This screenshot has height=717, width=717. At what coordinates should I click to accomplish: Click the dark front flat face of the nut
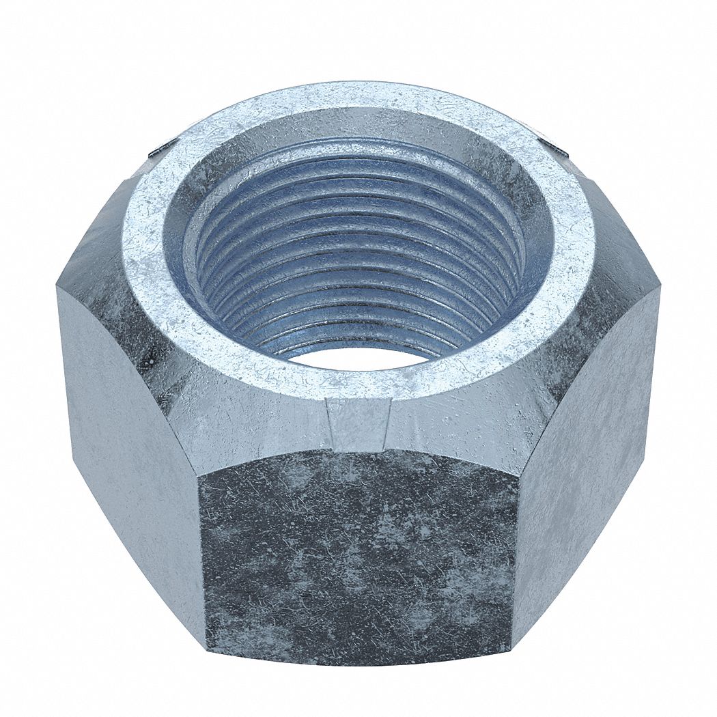tap(358, 553)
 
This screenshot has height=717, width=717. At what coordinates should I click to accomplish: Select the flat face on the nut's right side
tap(587, 437)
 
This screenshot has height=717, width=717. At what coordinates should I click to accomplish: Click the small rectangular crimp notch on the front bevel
tap(358, 420)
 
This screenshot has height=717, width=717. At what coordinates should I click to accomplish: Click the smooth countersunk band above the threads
tap(358, 126)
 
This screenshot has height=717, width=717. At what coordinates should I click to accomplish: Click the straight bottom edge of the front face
tap(358, 661)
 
